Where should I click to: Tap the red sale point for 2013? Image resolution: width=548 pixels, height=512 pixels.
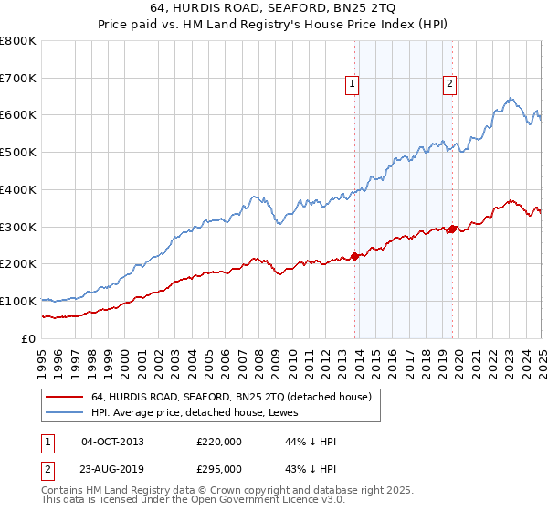(x=354, y=256)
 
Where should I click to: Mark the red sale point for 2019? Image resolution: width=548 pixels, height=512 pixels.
(x=452, y=229)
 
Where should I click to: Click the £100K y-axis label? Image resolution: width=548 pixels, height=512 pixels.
(x=18, y=301)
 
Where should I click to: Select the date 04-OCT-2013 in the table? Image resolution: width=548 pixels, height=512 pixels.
(x=112, y=443)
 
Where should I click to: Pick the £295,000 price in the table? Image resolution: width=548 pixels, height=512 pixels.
(x=219, y=469)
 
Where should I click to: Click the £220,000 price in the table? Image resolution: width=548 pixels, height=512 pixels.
(x=219, y=443)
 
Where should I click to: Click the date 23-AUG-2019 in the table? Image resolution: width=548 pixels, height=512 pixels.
(x=112, y=469)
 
